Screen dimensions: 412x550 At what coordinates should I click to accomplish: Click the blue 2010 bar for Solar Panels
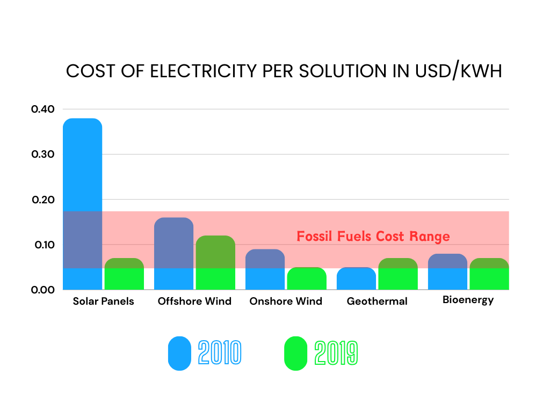pos(83,204)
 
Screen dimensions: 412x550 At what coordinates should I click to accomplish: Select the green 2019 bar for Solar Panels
pos(124,274)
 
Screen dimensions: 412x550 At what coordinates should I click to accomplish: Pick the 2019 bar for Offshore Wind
pos(215,263)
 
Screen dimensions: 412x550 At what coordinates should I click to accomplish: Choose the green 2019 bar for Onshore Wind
pos(307,278)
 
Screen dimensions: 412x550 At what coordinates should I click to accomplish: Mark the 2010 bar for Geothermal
pos(356,278)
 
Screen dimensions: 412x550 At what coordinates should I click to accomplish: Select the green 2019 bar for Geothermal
pos(398,274)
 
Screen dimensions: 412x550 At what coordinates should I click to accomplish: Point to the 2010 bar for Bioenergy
pos(447,272)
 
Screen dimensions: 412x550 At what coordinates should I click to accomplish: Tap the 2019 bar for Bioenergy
pos(489,274)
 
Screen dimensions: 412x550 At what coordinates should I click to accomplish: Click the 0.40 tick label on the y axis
pos(42,109)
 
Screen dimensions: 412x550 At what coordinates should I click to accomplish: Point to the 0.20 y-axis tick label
pos(42,200)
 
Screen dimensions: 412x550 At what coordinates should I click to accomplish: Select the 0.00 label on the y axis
pos(42,290)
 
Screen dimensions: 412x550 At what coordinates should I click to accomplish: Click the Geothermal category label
pos(377,301)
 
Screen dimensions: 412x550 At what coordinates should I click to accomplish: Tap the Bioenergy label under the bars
pos(468,300)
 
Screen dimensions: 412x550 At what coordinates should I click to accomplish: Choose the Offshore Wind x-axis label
pos(194,301)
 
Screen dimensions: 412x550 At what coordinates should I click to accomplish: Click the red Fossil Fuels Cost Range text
pos(373,237)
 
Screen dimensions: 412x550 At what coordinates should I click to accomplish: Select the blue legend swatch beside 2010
pos(179,354)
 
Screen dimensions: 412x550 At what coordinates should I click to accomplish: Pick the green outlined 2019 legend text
pos(336,354)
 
